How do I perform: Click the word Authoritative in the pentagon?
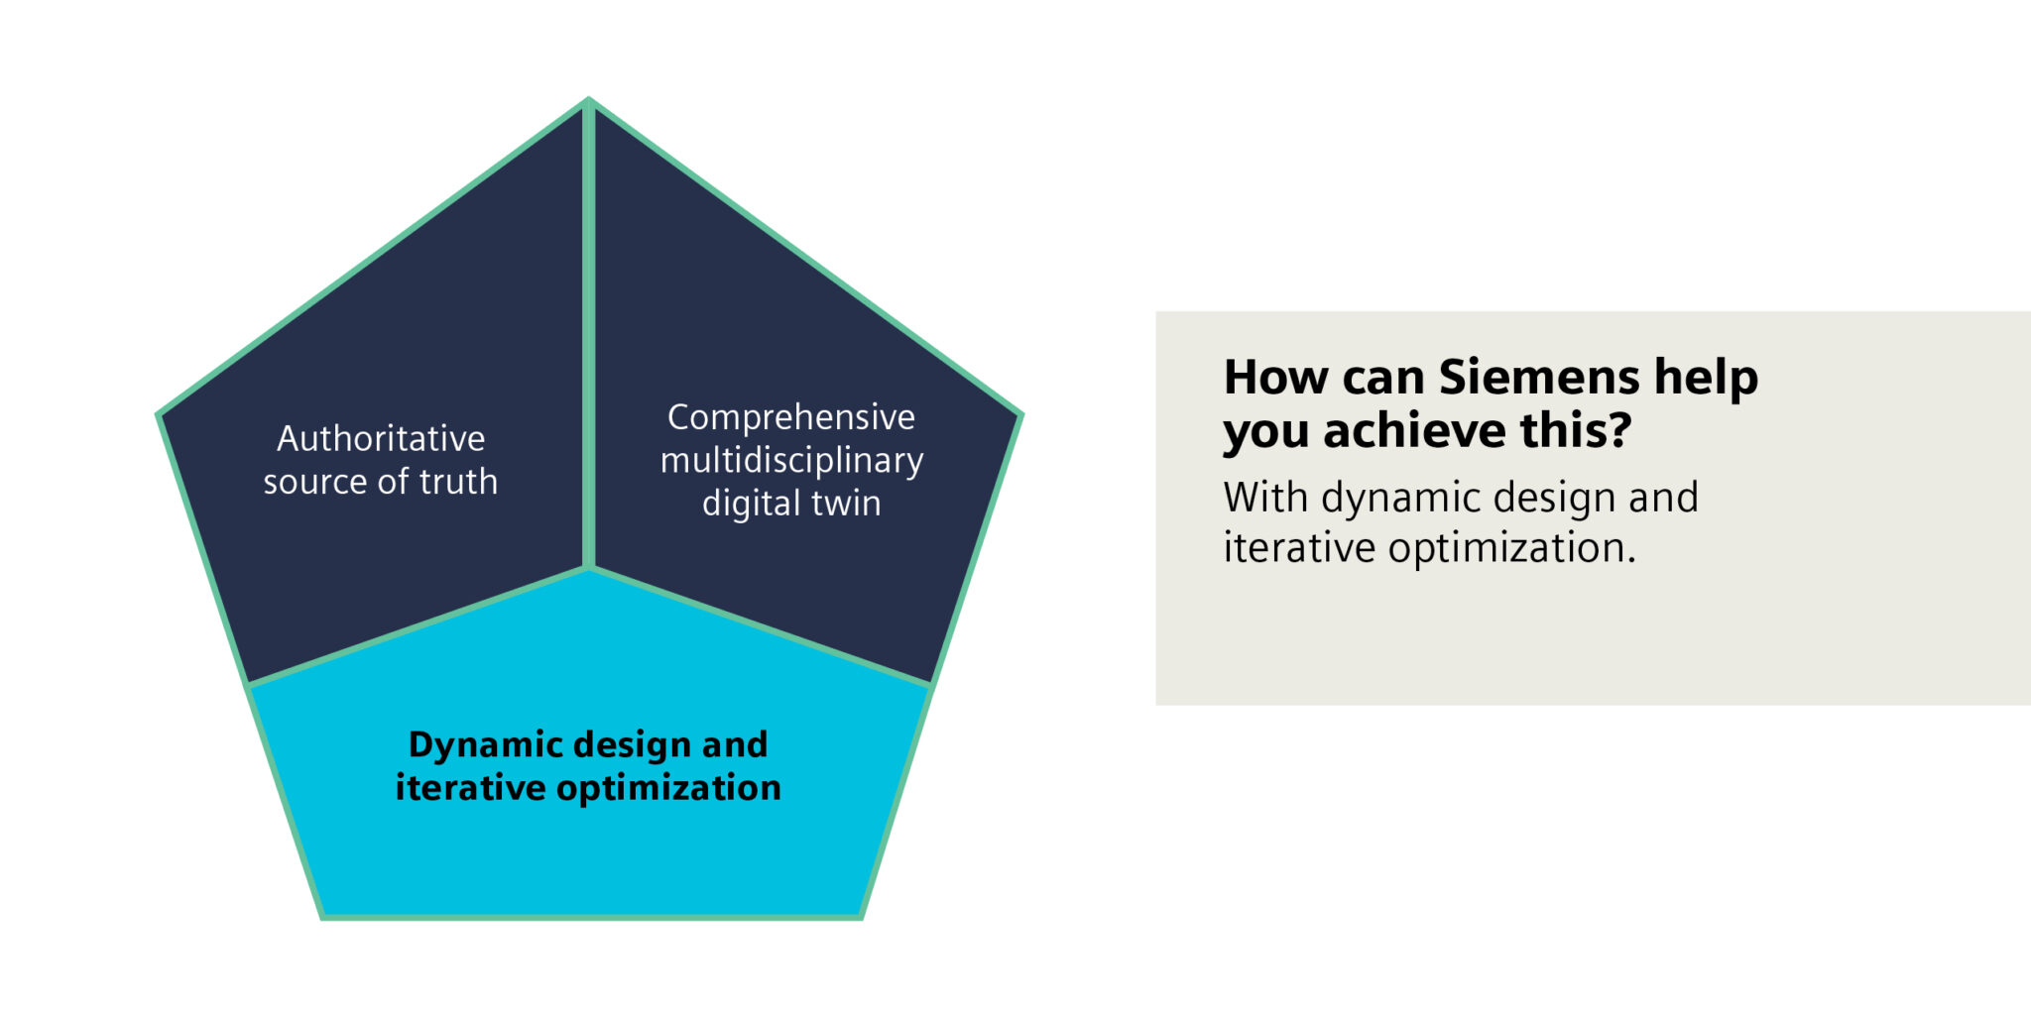tap(381, 438)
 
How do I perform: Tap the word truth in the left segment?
tap(458, 482)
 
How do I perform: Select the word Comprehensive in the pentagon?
tap(791, 417)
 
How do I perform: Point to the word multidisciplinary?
tap(791, 461)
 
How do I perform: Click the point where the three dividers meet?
tap(589, 568)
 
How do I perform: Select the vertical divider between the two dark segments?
tap(589, 334)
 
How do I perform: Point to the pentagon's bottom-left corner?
tap(323, 917)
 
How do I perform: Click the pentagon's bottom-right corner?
tap(861, 917)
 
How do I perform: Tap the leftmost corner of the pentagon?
tap(158, 414)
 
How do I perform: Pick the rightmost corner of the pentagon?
tap(1021, 414)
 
